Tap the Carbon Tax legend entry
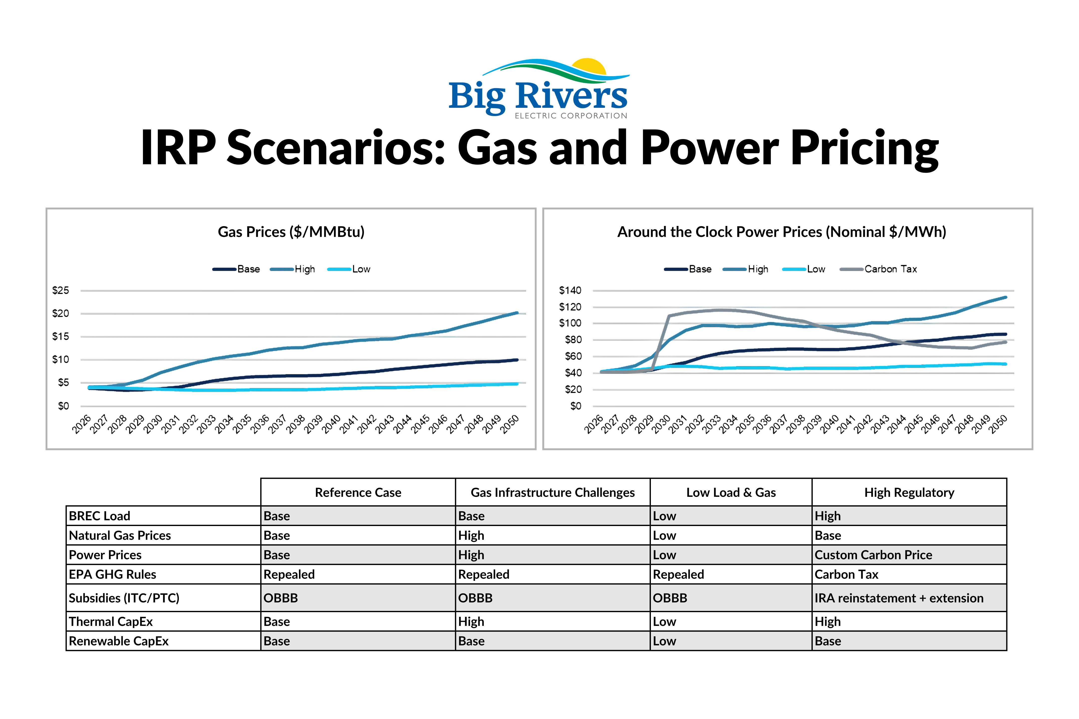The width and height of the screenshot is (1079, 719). pyautogui.click(x=878, y=269)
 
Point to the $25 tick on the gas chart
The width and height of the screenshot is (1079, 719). pyautogui.click(x=60, y=290)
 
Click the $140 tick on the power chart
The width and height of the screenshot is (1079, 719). pyautogui.click(x=570, y=290)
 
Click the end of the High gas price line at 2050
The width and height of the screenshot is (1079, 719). pyautogui.click(x=518, y=313)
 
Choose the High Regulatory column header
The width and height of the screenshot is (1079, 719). pyautogui.click(x=909, y=493)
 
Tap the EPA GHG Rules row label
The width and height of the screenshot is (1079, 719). pyautogui.click(x=112, y=574)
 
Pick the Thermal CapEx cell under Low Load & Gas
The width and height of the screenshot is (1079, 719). pyautogui.click(x=664, y=622)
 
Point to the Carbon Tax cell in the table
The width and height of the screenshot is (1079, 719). pyautogui.click(x=846, y=574)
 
